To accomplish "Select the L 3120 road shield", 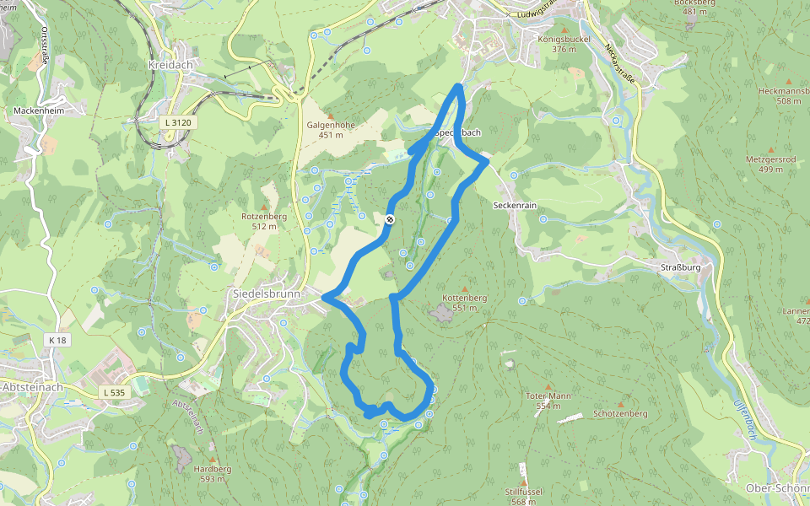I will point(178,122).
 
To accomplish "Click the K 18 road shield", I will point(57,339).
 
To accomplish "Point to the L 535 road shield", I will point(114,392).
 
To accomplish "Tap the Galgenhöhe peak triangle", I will point(330,116).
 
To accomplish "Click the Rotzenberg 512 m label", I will point(264,221).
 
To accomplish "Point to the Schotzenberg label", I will point(620,414).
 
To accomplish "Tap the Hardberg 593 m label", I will point(213,473).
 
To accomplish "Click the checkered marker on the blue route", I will point(390,220).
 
